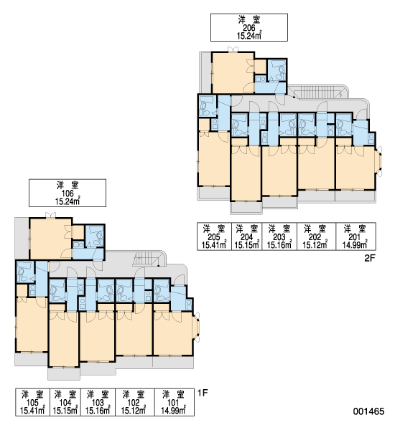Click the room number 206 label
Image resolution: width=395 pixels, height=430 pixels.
(x=249, y=28)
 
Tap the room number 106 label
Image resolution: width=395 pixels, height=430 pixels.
(x=68, y=193)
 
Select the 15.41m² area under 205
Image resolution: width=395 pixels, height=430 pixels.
(x=214, y=244)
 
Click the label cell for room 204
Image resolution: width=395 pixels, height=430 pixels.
(x=247, y=236)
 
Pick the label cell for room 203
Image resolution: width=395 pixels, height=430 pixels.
(x=279, y=236)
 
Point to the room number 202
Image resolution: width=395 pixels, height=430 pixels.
(x=315, y=236)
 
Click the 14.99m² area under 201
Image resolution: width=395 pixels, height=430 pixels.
(x=355, y=244)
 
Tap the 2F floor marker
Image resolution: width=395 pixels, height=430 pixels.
(x=370, y=258)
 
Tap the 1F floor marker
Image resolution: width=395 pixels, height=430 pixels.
(x=203, y=393)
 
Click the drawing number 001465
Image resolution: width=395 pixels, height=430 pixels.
(x=368, y=411)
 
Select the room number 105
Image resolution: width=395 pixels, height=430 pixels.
(x=32, y=403)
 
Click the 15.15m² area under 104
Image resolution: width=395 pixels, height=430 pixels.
(x=65, y=411)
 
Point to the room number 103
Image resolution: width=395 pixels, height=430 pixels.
(x=98, y=403)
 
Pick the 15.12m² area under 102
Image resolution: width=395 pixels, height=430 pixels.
(x=134, y=411)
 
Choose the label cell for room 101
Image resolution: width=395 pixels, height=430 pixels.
(x=175, y=402)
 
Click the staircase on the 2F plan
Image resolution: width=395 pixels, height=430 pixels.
(x=320, y=92)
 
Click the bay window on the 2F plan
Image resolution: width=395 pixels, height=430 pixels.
(x=378, y=161)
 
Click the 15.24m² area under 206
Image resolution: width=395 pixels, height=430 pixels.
(x=249, y=36)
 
